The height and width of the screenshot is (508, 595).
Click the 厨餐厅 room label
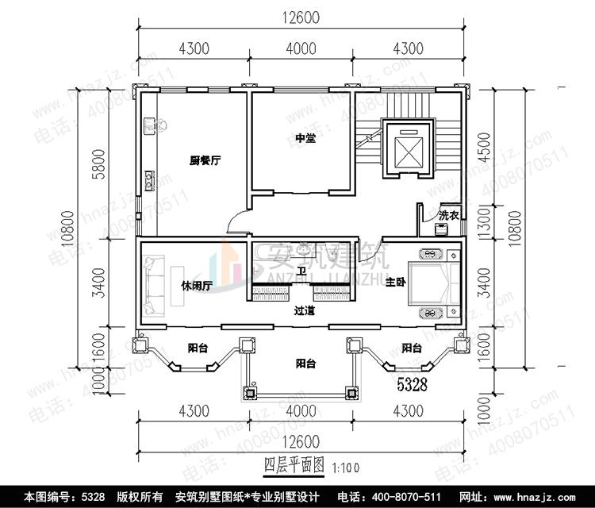tap(204, 160)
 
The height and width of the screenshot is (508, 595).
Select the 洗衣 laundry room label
tap(449, 215)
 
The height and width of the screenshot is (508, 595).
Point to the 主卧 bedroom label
tap(395, 283)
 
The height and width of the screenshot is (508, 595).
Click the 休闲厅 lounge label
tap(195, 286)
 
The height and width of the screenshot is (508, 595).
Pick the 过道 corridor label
tap(305, 311)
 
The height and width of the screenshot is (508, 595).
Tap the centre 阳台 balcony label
tap(305, 364)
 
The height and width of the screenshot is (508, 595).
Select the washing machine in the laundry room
tap(440, 229)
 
